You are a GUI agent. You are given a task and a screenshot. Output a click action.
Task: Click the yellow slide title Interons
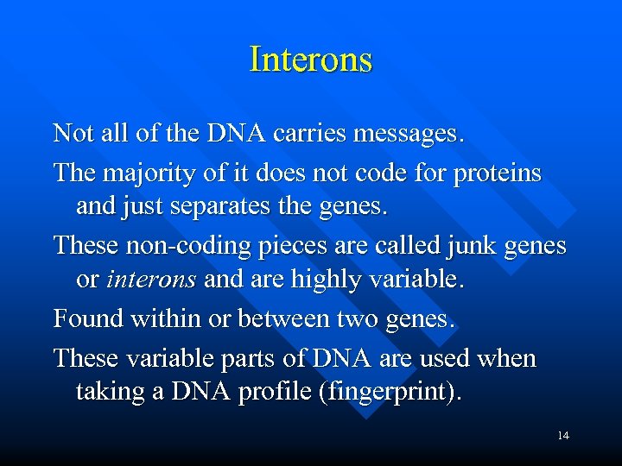pos(310,60)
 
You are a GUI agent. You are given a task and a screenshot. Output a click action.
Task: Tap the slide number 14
pos(563,436)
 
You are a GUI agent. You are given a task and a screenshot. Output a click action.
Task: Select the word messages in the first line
pos(404,134)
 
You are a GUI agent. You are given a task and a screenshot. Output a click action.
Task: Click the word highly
pos(340,280)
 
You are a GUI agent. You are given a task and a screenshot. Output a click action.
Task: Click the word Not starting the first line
pos(73,134)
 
